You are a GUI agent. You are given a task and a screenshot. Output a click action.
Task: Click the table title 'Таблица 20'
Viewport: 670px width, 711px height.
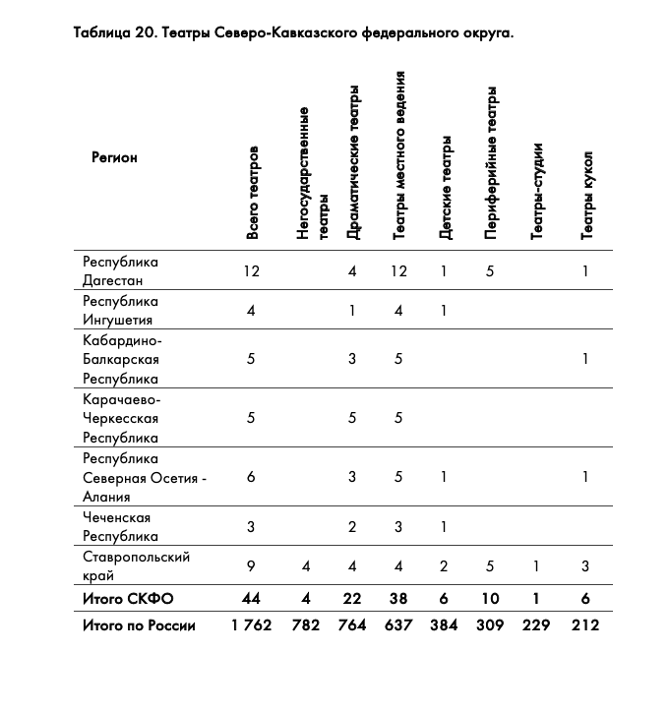click(293, 33)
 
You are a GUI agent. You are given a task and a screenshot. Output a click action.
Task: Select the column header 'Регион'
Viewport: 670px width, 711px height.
click(114, 157)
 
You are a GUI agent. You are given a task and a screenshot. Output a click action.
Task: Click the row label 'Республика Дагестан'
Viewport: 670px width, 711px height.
click(121, 271)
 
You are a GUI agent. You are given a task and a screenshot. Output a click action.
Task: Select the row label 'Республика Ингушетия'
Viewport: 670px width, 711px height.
click(121, 311)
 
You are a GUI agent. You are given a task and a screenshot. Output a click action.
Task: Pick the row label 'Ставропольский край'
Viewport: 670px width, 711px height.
click(123, 566)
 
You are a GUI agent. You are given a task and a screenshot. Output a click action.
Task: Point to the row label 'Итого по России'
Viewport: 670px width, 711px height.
click(139, 625)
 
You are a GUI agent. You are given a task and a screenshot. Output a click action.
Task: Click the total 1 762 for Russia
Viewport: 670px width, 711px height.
click(252, 625)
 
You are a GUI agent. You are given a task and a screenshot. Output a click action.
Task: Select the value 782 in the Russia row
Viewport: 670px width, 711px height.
click(306, 625)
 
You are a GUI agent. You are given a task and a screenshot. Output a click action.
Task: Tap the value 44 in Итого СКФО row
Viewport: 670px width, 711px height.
click(252, 598)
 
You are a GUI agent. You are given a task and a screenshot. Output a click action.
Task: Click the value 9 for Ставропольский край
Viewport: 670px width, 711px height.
click(252, 566)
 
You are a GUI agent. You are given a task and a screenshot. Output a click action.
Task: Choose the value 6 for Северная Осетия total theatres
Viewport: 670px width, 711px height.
click(252, 478)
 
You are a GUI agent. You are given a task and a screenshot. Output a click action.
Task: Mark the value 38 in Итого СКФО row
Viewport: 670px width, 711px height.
click(397, 598)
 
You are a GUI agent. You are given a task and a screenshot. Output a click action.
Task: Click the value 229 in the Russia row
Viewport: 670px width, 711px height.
click(537, 625)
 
